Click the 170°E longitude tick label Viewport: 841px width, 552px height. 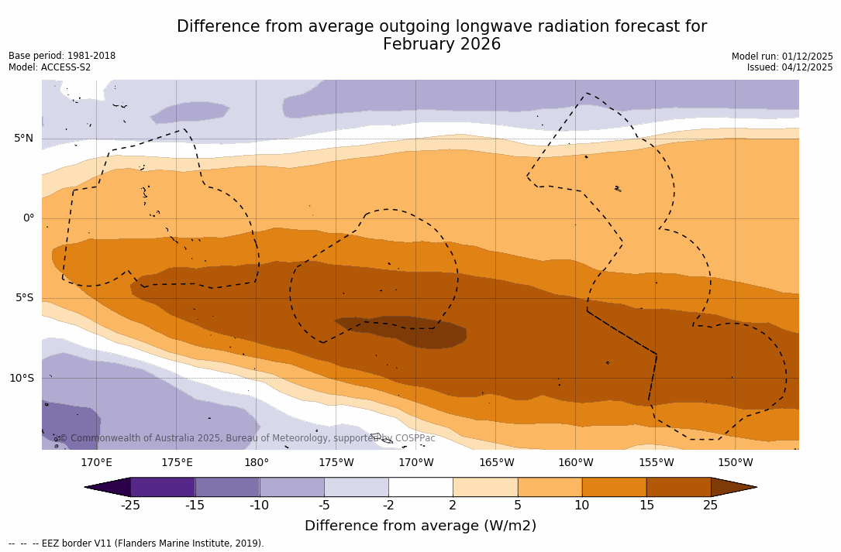point(96,463)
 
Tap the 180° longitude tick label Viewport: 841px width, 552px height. point(256,463)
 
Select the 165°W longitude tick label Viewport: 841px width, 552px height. point(496,463)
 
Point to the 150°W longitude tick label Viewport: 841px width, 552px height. point(735,463)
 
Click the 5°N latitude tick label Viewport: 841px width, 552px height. point(23,139)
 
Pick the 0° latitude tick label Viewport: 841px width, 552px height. point(28,218)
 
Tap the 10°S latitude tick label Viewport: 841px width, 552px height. point(21,379)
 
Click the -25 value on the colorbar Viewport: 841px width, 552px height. point(130,506)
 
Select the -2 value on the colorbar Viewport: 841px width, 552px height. point(388,506)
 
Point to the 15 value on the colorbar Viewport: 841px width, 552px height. point(646,506)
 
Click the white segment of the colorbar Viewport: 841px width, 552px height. point(420,487)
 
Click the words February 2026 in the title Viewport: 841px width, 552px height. point(442,45)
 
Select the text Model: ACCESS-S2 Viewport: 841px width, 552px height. point(50,67)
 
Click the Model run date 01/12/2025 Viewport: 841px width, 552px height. point(806,57)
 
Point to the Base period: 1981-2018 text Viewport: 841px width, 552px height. point(62,56)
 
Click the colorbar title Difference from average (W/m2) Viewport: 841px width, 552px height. point(420,526)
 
